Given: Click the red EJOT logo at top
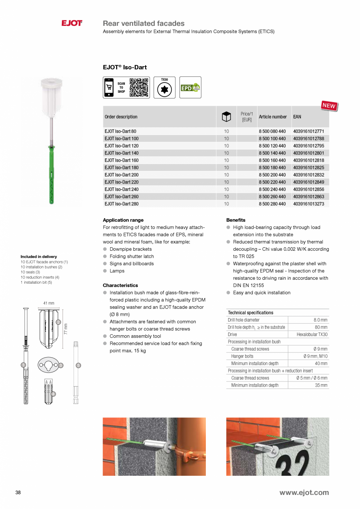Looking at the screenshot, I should coord(72,23).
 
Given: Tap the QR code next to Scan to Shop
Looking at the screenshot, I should coord(139,87).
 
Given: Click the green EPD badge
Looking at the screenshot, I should coord(190,88).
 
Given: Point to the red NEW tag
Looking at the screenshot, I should coord(329,106).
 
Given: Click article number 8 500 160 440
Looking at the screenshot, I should coord(272,160).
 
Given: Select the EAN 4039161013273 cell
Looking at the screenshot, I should coord(308,204).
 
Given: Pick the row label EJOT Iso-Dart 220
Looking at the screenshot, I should coord(121,182).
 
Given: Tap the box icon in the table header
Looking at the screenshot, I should coord(226,117).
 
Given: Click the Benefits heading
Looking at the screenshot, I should coord(236,220).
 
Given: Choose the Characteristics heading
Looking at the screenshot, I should coord(120,285).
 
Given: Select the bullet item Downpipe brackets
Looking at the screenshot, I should coord(130,249).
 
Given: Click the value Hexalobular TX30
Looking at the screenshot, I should coord(312,335).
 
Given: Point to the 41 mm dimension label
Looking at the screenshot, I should coord(49,303).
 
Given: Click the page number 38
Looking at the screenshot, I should coord(18,493).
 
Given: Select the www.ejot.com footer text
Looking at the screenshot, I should coord(304,493).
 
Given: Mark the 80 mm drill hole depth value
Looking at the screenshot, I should coord(321,327).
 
